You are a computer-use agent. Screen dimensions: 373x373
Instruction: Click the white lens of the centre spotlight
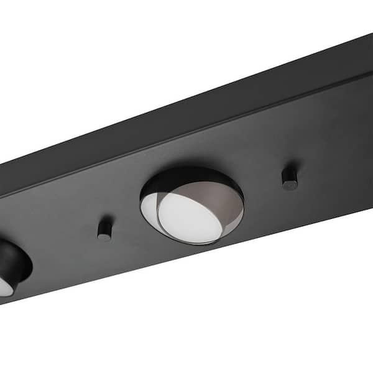[x=190, y=218]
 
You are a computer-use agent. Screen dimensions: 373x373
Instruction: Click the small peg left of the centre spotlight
[x=104, y=228]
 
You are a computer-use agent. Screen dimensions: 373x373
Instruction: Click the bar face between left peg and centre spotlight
[x=124, y=211]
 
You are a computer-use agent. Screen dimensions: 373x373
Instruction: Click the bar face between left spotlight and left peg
[x=62, y=242]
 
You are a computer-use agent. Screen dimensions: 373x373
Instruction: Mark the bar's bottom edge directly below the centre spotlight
[x=193, y=259]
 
